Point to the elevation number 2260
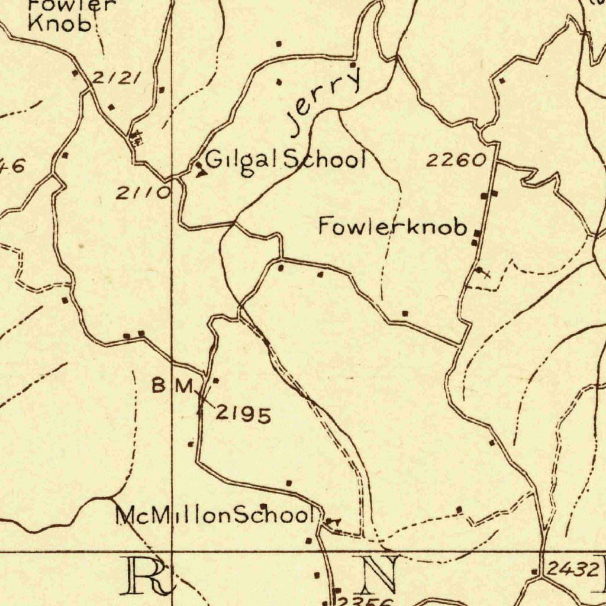[457, 160]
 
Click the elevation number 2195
[243, 415]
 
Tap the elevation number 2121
[117, 78]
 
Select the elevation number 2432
[572, 570]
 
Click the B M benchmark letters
[172, 386]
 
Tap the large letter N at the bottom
[380, 574]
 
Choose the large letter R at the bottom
[145, 575]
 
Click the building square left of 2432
[535, 572]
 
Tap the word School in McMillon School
[272, 515]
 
